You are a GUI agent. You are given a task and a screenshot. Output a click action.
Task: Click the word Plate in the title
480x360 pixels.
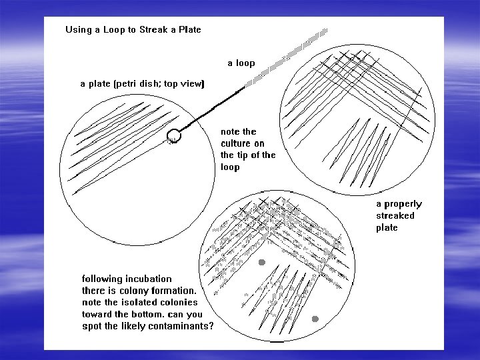pos(190,30)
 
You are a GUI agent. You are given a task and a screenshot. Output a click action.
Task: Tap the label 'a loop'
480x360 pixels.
pos(241,63)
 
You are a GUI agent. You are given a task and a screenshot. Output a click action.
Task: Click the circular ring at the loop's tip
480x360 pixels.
pos(174,135)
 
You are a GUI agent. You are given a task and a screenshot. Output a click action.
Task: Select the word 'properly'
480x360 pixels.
pos(403,205)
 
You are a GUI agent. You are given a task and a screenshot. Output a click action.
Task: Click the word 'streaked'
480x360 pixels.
pos(395,215)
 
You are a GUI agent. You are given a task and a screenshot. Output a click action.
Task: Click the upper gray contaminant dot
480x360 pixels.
pos(262,262)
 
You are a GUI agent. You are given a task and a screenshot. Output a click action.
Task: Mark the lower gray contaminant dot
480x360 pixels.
pos(315,319)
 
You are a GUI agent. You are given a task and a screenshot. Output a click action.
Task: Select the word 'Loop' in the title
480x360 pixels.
pos(114,30)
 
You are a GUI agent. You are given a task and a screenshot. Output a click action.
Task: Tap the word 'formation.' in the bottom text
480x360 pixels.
pos(173,291)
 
